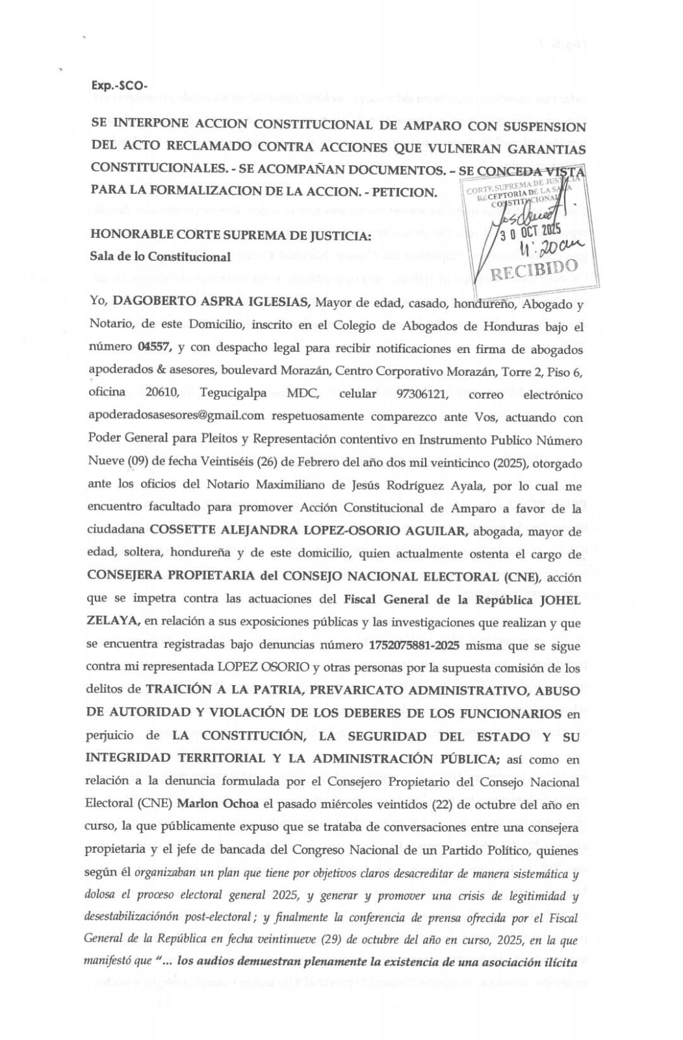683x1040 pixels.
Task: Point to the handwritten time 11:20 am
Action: tap(552, 248)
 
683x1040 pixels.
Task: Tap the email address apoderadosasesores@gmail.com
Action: tap(176, 416)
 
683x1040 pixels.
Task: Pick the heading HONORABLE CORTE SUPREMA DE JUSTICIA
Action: tap(231, 234)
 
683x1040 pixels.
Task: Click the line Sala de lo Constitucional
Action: tap(161, 256)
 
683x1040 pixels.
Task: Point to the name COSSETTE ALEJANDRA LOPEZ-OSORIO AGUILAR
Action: tap(308, 530)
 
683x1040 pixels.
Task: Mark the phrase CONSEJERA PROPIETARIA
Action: tap(172, 577)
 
